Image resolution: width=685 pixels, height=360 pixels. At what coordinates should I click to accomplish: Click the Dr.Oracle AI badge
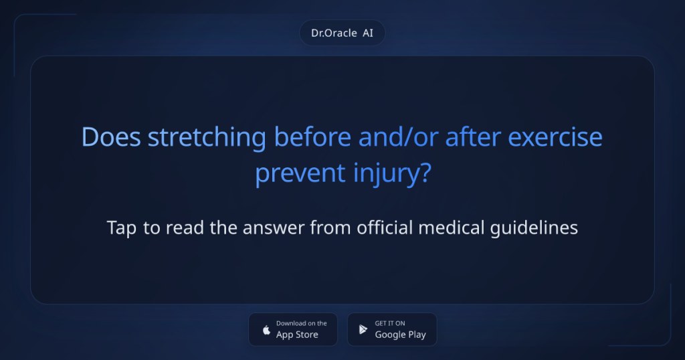click(x=342, y=33)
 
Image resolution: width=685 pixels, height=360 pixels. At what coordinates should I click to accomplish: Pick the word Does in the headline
click(x=111, y=138)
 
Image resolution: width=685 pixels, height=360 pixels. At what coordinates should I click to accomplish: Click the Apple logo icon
click(x=266, y=330)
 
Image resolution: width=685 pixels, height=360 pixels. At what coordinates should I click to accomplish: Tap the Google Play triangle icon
click(x=363, y=330)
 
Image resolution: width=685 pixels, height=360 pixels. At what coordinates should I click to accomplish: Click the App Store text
click(x=297, y=335)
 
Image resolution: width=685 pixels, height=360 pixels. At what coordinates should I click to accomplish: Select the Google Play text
click(x=400, y=335)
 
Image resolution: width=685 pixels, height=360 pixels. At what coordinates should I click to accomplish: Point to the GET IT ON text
click(x=390, y=324)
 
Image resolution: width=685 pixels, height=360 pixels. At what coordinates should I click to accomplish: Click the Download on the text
click(x=301, y=324)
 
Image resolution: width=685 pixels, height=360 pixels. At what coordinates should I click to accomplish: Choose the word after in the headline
click(x=468, y=138)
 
